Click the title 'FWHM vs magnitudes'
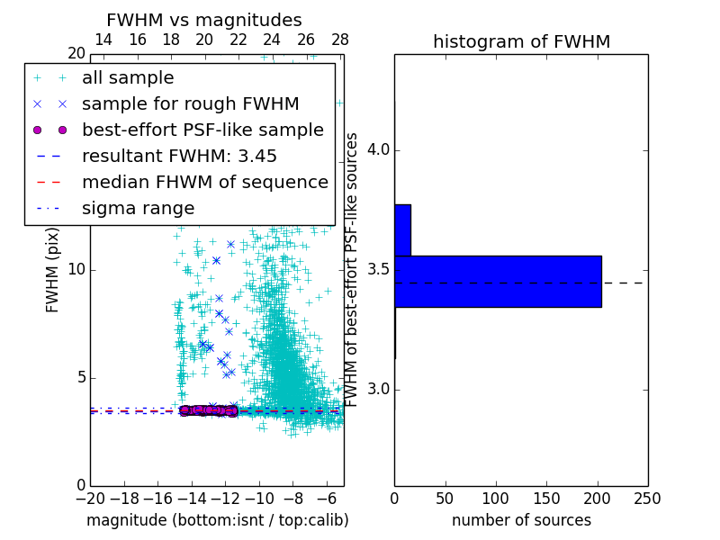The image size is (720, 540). (x=204, y=20)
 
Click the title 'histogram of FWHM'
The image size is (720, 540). (x=521, y=41)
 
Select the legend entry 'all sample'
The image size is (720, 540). (x=128, y=78)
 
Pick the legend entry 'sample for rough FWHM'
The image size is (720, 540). (x=190, y=104)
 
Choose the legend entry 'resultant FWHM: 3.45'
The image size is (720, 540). (x=179, y=156)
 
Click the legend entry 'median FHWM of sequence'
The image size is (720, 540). (x=204, y=182)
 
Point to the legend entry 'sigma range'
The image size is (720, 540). (x=138, y=208)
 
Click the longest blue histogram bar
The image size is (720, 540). (x=498, y=281)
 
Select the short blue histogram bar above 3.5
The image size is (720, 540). (x=402, y=230)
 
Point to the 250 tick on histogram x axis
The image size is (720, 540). (x=647, y=498)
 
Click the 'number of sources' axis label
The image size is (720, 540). (x=521, y=520)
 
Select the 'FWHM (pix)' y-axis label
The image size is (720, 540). (x=53, y=270)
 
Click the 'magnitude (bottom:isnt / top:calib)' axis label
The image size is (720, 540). (x=217, y=520)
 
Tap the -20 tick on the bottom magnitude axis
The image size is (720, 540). (x=90, y=498)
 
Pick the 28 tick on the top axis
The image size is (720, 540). (x=340, y=40)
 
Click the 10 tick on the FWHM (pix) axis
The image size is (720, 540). (x=76, y=270)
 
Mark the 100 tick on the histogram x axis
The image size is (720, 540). (x=496, y=498)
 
